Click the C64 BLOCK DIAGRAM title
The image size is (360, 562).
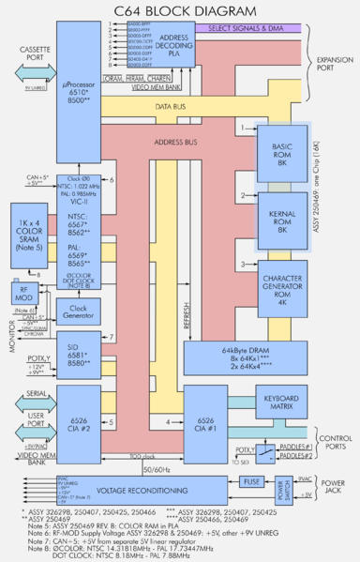coord(180,10)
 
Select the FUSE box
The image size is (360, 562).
coord(277,482)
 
